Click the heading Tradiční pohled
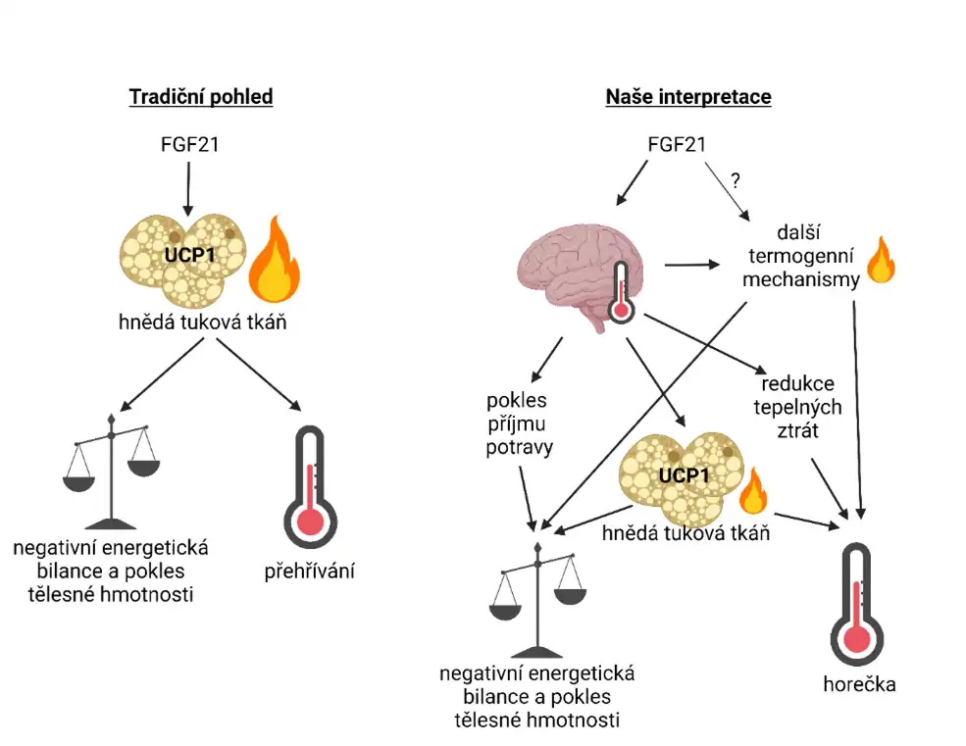click(201, 97)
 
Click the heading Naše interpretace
click(687, 97)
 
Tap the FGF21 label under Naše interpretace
click(676, 145)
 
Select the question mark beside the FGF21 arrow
click(735, 180)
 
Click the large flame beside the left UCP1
click(276, 261)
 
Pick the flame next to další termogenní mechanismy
click(881, 260)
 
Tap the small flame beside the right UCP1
click(752, 491)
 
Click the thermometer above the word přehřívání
click(309, 487)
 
